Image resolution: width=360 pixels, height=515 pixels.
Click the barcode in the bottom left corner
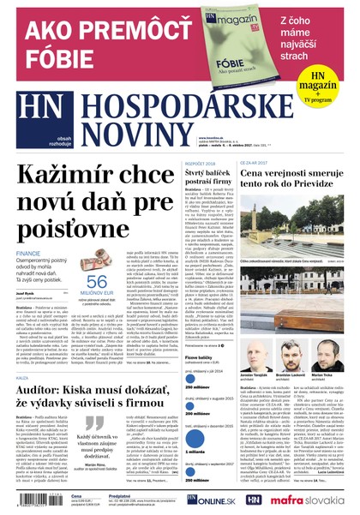click(34, 501)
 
